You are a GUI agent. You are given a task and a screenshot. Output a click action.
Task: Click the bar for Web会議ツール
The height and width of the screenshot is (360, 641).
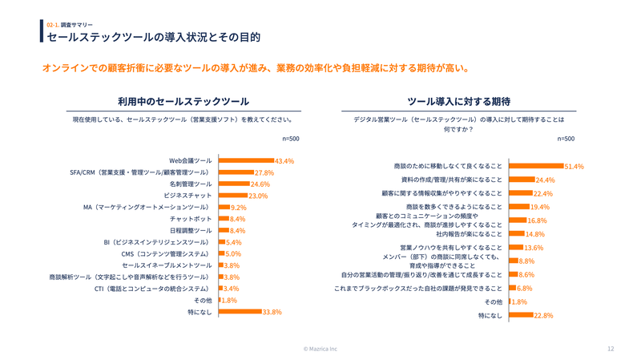(247, 160)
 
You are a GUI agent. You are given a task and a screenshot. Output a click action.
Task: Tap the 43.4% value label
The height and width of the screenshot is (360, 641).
(284, 160)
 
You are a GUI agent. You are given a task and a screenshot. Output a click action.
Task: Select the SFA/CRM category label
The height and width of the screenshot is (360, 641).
(139, 172)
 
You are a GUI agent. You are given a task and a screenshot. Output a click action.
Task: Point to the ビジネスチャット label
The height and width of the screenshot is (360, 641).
(187, 196)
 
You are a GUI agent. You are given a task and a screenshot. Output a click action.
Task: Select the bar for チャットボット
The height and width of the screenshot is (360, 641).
(224, 219)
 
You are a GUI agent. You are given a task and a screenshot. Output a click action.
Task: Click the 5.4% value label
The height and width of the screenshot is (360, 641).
(234, 242)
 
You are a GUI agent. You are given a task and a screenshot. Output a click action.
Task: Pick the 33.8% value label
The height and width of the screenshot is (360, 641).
(272, 312)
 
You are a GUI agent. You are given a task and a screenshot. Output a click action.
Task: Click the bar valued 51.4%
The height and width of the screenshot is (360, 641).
(536, 166)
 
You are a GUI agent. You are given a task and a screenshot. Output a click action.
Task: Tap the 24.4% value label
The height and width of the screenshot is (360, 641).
(545, 180)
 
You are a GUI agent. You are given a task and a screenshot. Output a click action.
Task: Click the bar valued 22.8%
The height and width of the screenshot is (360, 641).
(521, 315)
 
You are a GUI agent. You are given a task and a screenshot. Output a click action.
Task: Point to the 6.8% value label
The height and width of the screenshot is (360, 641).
(524, 288)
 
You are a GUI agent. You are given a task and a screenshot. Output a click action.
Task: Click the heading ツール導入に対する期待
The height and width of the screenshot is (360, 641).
(458, 102)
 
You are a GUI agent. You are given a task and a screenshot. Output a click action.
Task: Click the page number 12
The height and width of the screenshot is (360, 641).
(610, 349)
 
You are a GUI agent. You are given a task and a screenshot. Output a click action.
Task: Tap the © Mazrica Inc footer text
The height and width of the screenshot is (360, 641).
(320, 349)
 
